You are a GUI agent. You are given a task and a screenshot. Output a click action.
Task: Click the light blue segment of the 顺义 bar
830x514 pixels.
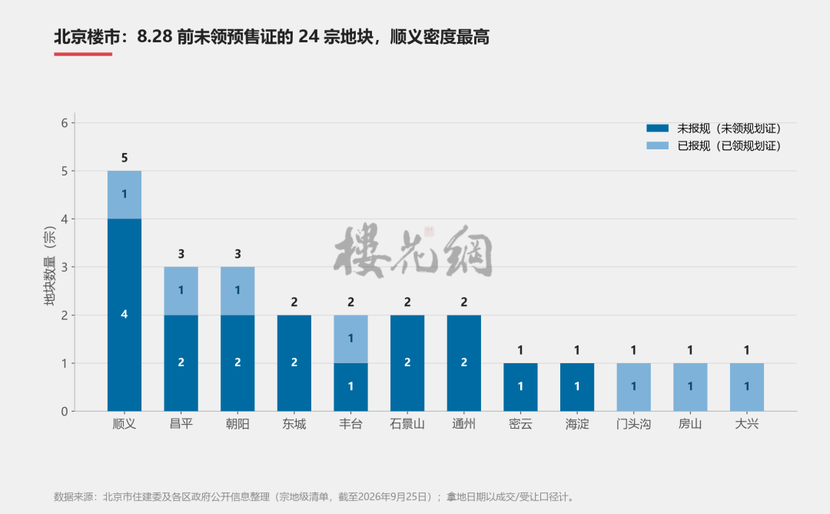[124, 195]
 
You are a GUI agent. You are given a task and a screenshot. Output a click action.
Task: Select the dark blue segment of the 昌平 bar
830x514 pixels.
[181, 363]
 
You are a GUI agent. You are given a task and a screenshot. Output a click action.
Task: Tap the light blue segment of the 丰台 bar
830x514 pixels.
[350, 339]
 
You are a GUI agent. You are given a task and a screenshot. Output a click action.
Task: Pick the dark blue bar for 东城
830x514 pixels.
[294, 363]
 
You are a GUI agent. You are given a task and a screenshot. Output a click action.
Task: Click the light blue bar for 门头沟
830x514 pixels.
[633, 387]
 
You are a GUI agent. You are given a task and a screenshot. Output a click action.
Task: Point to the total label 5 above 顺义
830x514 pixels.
[124, 158]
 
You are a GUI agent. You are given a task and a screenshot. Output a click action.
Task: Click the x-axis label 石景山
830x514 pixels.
[407, 424]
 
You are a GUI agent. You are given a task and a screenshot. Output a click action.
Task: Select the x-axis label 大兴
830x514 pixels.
[747, 424]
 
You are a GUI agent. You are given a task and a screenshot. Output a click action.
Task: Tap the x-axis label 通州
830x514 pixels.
[463, 424]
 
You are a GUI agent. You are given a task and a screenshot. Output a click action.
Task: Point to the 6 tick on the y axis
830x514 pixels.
[65, 123]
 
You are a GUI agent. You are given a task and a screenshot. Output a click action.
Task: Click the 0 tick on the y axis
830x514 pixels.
[65, 412]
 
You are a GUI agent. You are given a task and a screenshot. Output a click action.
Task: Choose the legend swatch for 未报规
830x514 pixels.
[657, 128]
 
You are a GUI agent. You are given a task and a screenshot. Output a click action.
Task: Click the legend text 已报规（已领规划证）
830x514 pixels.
[729, 145]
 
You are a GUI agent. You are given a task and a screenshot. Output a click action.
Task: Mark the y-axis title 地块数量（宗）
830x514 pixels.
[50, 265]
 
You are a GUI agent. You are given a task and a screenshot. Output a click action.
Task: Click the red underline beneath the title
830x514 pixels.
[83, 54]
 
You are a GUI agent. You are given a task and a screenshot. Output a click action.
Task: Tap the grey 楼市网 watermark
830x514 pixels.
[413, 251]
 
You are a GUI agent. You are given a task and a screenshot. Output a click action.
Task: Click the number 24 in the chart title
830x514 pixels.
[308, 37]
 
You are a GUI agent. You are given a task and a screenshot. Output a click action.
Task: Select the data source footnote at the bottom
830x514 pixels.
[314, 497]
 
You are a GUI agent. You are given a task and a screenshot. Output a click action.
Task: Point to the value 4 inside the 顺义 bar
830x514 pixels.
[124, 314]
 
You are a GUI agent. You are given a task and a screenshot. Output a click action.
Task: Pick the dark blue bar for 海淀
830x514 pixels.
[577, 387]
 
